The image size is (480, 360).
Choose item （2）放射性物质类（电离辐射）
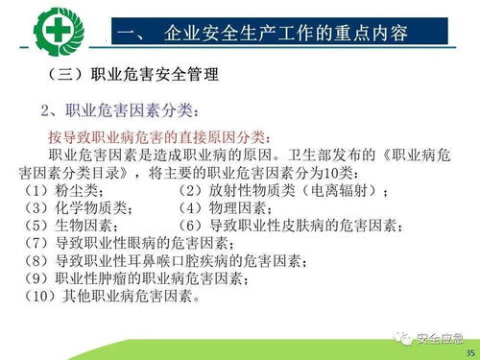pyautogui.click(x=283, y=191)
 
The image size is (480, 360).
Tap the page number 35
pyautogui.click(x=468, y=352)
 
